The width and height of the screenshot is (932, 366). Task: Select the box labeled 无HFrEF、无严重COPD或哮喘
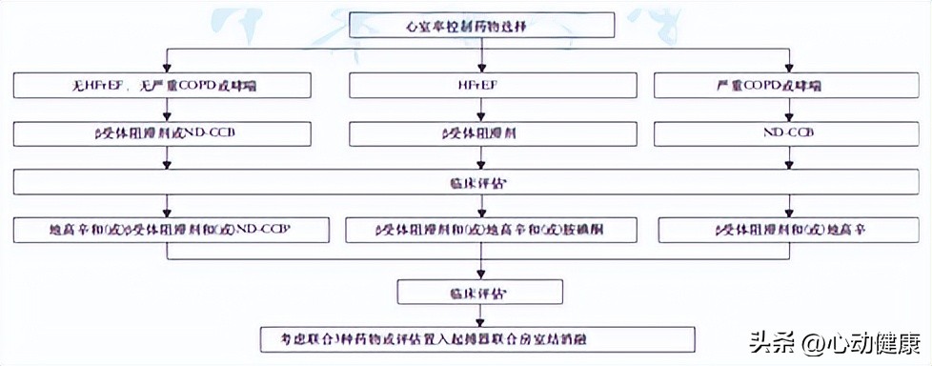click(163, 86)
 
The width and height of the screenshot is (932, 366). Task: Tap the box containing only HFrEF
click(480, 86)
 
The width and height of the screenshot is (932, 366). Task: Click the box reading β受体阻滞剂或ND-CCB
click(163, 133)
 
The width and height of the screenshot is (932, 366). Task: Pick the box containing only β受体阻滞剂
click(480, 133)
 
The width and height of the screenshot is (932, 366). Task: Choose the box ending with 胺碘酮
click(481, 230)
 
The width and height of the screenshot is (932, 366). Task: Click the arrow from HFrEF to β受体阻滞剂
click(480, 110)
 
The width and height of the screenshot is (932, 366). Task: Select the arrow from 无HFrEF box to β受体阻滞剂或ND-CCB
click(167, 110)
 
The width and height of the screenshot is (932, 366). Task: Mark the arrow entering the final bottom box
click(480, 315)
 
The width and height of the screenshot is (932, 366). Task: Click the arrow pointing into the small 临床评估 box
click(480, 269)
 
